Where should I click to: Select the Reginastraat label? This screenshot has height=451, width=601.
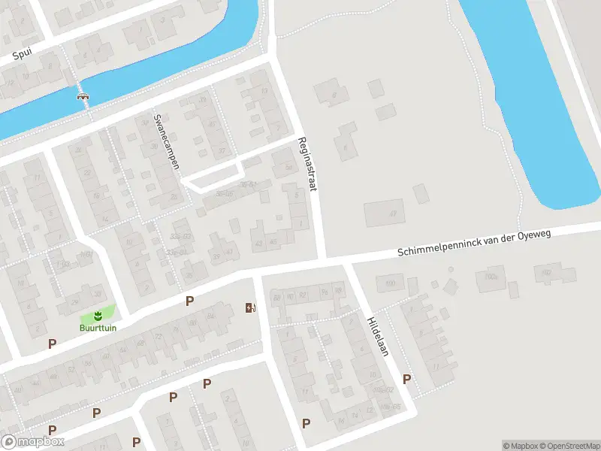click(307, 164)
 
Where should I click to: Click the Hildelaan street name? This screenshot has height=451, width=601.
click(377, 335)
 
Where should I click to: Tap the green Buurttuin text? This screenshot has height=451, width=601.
click(97, 328)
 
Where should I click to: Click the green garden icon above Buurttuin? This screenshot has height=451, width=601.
click(97, 314)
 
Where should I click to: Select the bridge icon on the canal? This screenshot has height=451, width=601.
click(83, 95)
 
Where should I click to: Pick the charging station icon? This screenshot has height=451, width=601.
click(250, 307)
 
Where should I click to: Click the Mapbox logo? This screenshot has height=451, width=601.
click(33, 442)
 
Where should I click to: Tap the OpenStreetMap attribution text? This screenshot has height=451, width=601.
click(563, 446)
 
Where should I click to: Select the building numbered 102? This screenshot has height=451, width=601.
click(547, 272)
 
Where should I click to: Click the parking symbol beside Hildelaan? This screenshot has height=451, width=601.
click(406, 379)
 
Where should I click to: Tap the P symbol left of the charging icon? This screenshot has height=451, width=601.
click(190, 301)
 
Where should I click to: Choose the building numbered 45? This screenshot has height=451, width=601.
click(273, 242)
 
